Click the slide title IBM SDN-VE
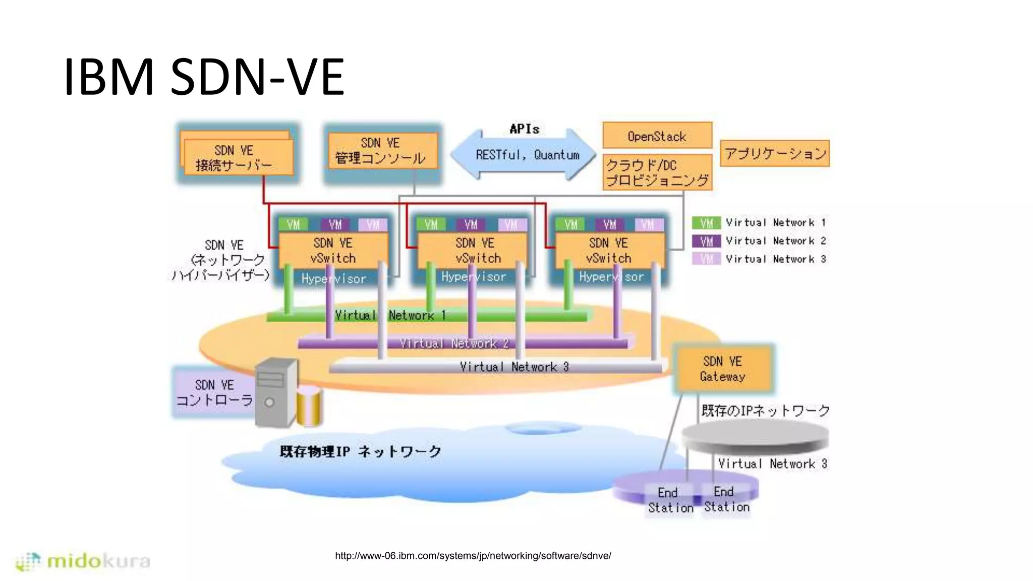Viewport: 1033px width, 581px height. point(204,77)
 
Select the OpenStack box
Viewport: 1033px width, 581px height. point(657,136)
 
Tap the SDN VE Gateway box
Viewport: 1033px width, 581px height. point(722,369)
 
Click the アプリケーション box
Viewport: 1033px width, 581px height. point(774,153)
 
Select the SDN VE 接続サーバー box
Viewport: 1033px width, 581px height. point(237,157)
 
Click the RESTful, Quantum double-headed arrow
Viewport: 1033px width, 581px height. point(525,155)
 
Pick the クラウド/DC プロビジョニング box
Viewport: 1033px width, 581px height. point(657,172)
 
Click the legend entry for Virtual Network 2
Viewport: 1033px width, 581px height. point(759,241)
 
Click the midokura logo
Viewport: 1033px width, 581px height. point(83,561)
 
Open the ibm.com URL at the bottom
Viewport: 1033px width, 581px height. point(473,556)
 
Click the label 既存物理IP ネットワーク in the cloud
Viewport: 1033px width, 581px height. point(360,451)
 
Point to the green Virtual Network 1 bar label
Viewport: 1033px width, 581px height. point(390,316)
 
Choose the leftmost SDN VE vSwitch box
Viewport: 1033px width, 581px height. point(333,251)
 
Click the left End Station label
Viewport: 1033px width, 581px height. point(670,500)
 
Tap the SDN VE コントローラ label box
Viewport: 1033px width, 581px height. point(214,392)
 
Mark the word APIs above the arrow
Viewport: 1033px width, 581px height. point(524,129)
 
